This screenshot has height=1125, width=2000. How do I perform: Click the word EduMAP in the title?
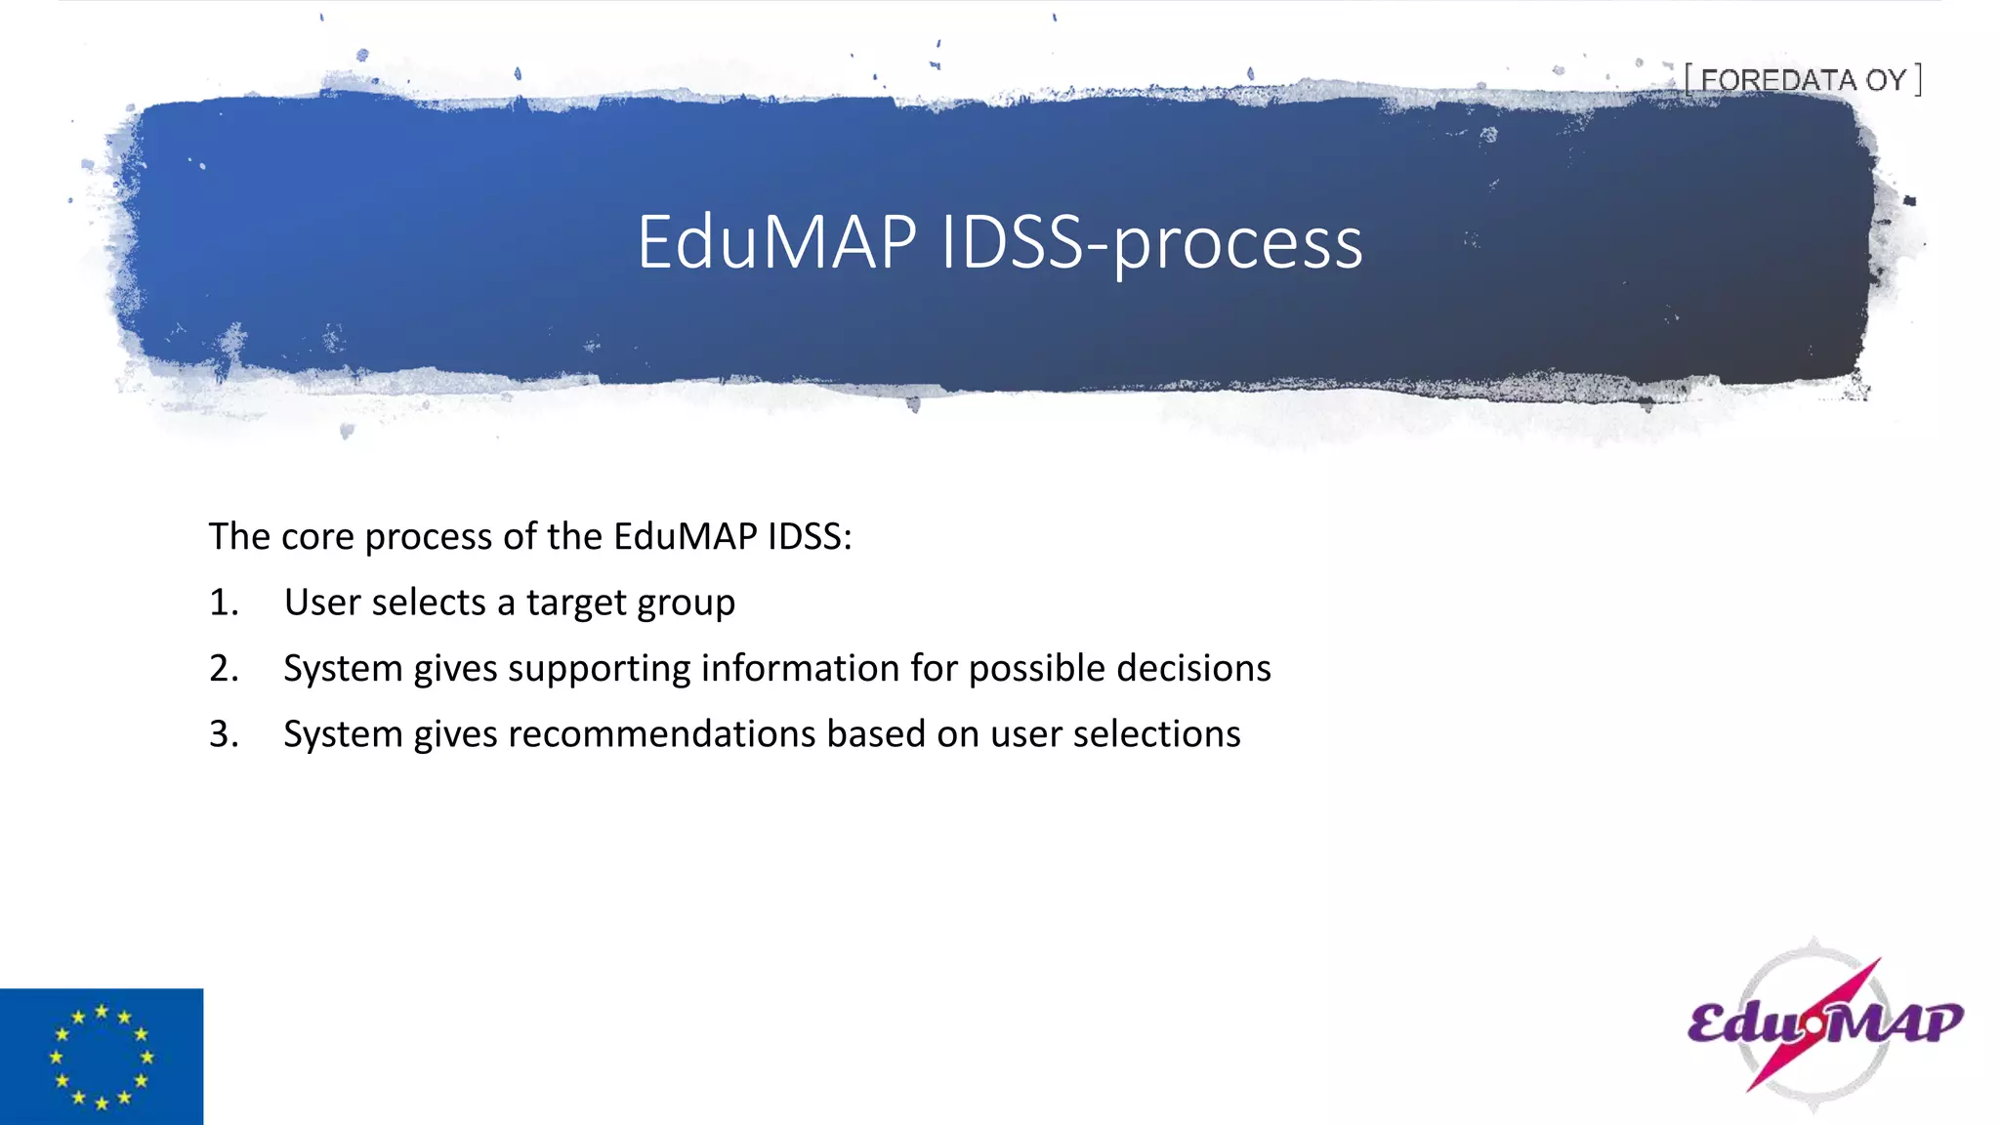click(x=776, y=242)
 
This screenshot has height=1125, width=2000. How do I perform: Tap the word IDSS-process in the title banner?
click(x=1151, y=244)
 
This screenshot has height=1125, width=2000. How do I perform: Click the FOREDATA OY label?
click(x=1803, y=80)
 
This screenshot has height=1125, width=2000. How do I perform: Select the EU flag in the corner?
click(x=102, y=1057)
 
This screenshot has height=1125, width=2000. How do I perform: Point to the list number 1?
click(x=223, y=603)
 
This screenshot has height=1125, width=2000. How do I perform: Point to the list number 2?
click(x=223, y=668)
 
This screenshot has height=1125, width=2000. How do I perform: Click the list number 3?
click(x=223, y=734)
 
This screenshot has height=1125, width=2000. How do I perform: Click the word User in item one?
click(x=322, y=603)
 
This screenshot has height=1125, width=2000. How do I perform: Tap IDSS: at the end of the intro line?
click(x=809, y=536)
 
